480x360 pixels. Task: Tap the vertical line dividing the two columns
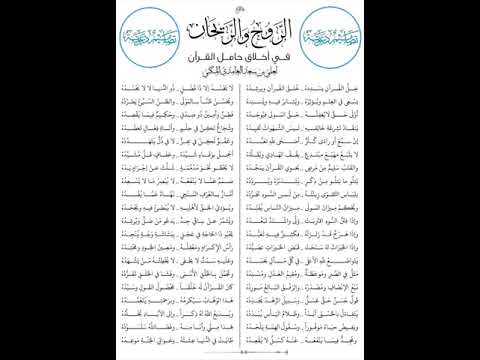(x=240, y=210)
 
